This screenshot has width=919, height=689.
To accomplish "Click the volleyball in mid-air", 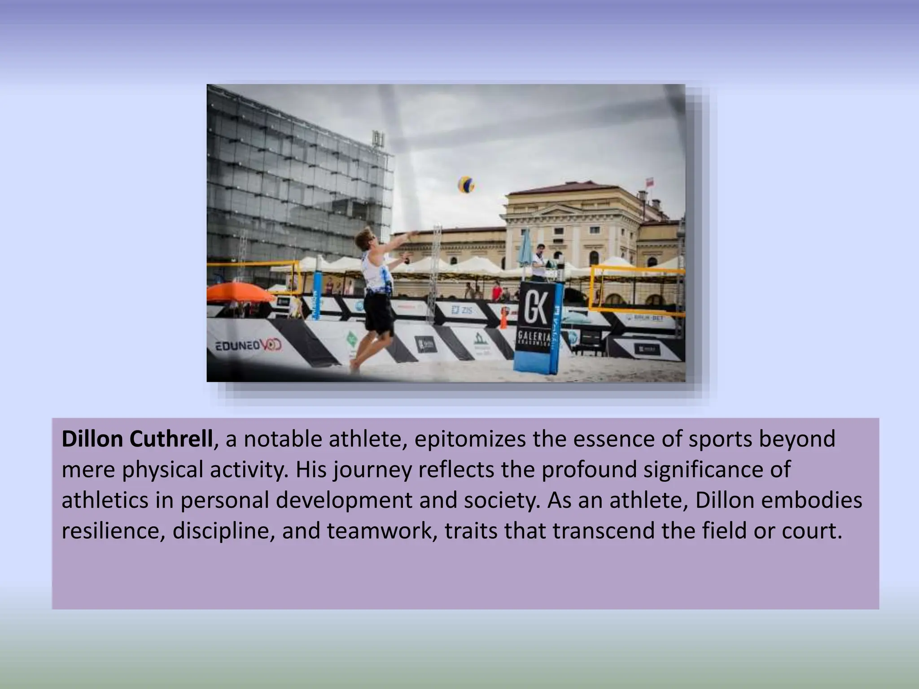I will (466, 184).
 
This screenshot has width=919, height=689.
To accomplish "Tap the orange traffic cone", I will (503, 319).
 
